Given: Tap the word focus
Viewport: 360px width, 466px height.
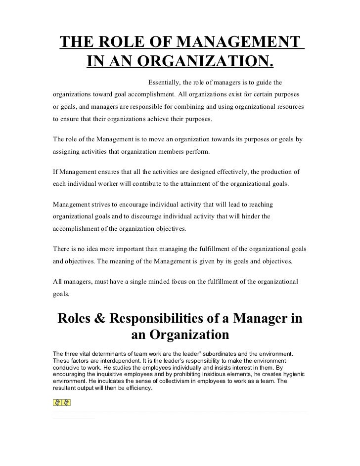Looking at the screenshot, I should click(160, 281).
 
